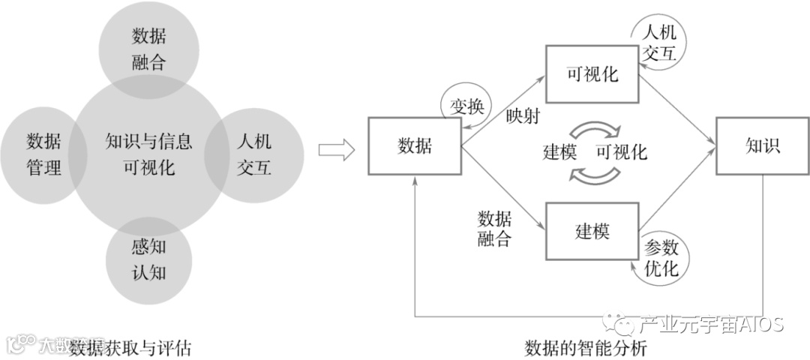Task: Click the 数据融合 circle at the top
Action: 149,46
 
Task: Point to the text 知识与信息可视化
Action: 148,153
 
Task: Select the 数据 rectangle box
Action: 414,147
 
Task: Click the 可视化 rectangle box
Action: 592,74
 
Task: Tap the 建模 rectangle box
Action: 592,230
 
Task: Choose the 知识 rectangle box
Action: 762,147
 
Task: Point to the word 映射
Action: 523,117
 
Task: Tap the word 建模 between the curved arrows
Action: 559,152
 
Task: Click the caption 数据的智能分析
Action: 585,348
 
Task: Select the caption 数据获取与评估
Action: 131,348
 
